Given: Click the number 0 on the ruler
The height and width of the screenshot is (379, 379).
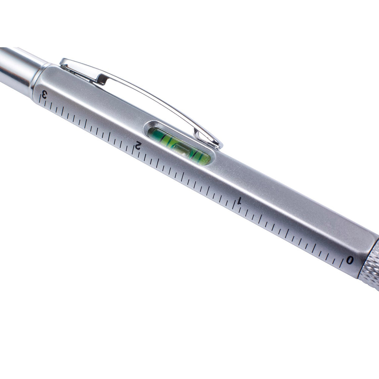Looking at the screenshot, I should tap(349, 260).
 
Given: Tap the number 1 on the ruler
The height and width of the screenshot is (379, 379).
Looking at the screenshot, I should tap(239, 201).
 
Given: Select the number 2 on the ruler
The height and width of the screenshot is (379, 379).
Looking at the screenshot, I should tap(138, 145).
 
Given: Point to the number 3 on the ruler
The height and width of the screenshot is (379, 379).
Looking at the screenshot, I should tap(44, 94).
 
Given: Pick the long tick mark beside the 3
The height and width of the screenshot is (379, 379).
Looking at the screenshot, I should tap(40, 98).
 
